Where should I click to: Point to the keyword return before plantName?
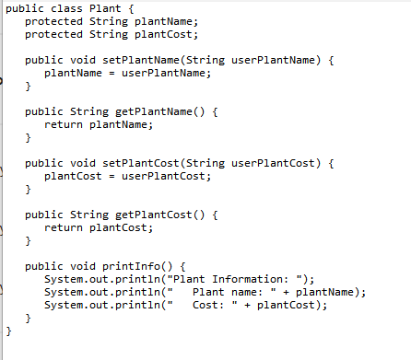[x=64, y=124]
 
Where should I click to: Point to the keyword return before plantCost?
[x=64, y=227]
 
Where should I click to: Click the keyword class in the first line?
[x=64, y=7]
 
